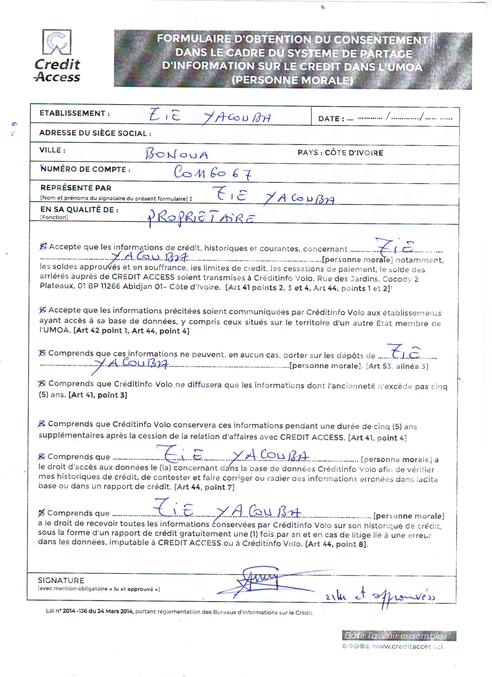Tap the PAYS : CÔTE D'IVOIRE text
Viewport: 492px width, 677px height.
pyautogui.click(x=340, y=153)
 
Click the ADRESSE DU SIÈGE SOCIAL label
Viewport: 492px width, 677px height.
pyautogui.click(x=95, y=133)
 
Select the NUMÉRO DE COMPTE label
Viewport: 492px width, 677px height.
pyautogui.click(x=85, y=169)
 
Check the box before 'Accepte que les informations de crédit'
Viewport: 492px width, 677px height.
pyautogui.click(x=43, y=246)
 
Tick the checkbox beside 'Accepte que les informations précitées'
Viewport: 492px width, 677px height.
pyautogui.click(x=43, y=310)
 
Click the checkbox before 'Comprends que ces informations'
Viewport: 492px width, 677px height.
pyautogui.click(x=42, y=353)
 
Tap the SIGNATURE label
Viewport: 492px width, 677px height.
pyautogui.click(x=61, y=581)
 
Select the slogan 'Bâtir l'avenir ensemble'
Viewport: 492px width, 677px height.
pyautogui.click(x=394, y=636)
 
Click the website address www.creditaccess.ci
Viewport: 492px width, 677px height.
pyautogui.click(x=407, y=647)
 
